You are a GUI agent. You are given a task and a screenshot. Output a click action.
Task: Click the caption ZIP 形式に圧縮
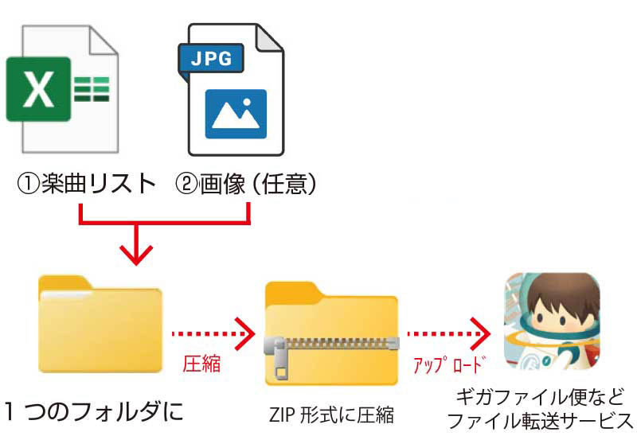pyautogui.click(x=330, y=414)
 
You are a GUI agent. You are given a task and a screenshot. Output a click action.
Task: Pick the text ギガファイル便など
pyautogui.click(x=541, y=397)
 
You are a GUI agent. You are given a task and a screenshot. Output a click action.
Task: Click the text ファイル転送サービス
pyautogui.click(x=541, y=422)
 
